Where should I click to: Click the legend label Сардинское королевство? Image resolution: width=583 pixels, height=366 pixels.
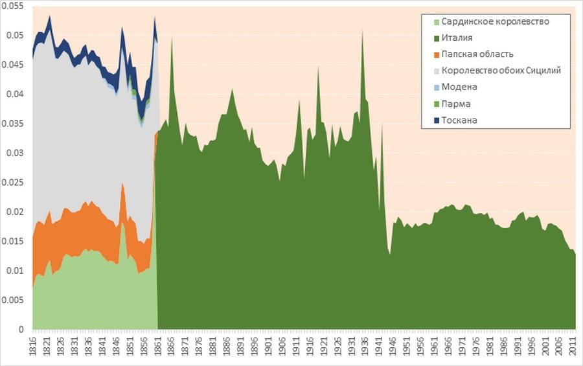tap(496, 21)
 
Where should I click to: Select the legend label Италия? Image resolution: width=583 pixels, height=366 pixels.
tap(457, 38)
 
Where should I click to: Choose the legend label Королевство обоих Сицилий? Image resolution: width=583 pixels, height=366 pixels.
tap(501, 71)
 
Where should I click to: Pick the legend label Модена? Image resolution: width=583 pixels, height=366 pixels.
tap(459, 87)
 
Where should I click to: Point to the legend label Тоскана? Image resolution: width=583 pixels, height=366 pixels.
tap(459, 120)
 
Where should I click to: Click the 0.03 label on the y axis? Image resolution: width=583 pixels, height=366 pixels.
tap(14, 154)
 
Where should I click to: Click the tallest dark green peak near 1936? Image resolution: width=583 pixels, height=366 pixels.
tap(362, 30)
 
